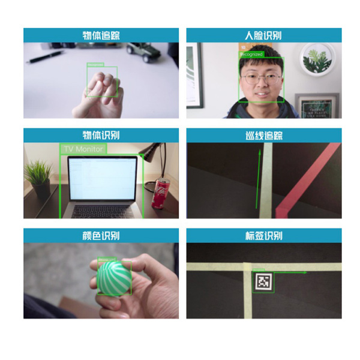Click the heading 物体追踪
(x=101, y=35)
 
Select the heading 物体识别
(x=101, y=135)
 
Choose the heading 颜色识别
(x=101, y=235)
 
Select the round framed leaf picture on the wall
(x=316, y=59)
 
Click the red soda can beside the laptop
(x=160, y=193)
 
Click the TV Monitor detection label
(x=83, y=149)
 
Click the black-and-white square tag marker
(x=263, y=282)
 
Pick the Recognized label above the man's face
(x=251, y=54)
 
